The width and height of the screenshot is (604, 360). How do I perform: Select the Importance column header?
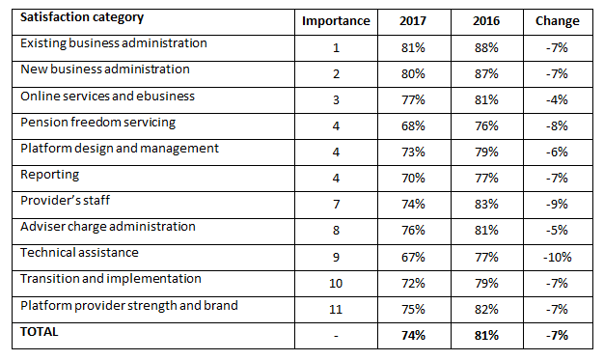pos(335,21)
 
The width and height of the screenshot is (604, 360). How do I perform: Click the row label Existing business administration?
pos(114,44)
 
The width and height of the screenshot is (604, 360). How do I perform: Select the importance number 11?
pos(335,309)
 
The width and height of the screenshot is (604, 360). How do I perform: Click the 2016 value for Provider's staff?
pos(486,205)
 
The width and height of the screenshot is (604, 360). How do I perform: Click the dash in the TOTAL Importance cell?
pos(335,335)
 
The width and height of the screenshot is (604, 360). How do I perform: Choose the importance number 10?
pos(335,283)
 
